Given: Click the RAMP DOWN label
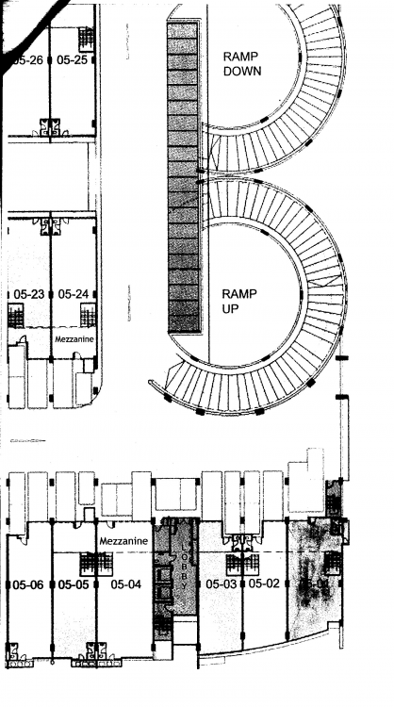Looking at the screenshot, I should coord(241,63).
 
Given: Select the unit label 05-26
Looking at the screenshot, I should coord(27,59).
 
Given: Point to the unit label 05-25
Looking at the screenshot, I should coord(72,59).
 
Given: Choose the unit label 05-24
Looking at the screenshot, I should coord(73,294).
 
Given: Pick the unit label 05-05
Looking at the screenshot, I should coord(73,584).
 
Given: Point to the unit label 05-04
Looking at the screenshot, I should coord(125,584).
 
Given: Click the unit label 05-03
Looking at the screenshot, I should coord(222,584).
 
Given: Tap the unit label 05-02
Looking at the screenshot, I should coord(265,584).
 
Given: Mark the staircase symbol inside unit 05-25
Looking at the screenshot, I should coord(86,39).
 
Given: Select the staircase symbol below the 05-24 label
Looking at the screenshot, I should coord(87,316).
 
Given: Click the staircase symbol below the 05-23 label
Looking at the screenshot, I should coord(15,316).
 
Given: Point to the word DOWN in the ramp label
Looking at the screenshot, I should coord(241,71).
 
